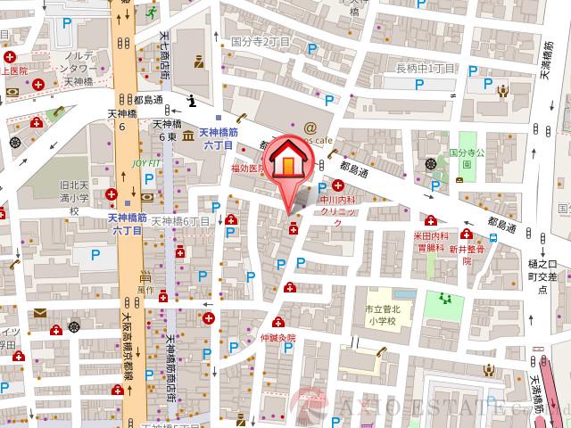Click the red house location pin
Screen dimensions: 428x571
tap(287, 167)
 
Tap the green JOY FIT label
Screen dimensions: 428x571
tap(148, 164)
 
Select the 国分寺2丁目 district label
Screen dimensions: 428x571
tap(261, 41)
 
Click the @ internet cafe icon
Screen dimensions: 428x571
tap(310, 128)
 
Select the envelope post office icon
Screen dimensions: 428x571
tap(42, 313)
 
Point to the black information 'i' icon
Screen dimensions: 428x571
tap(192, 103)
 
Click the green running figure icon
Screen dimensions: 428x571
tap(153, 12)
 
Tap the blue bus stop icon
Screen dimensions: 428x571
tap(493, 239)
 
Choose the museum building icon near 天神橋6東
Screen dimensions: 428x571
tap(188, 136)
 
